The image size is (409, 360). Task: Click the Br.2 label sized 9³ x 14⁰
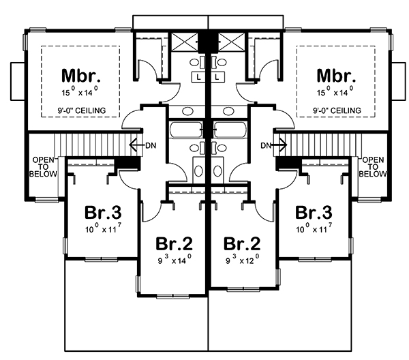pyautogui.click(x=172, y=243)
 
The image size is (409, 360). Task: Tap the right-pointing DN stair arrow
pyautogui.click(x=268, y=145)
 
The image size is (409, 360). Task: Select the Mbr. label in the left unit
pyautogui.click(x=81, y=74)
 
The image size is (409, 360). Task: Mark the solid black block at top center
pyautogui.click(x=207, y=40)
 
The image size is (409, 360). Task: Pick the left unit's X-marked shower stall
pyautogui.click(x=183, y=41)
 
